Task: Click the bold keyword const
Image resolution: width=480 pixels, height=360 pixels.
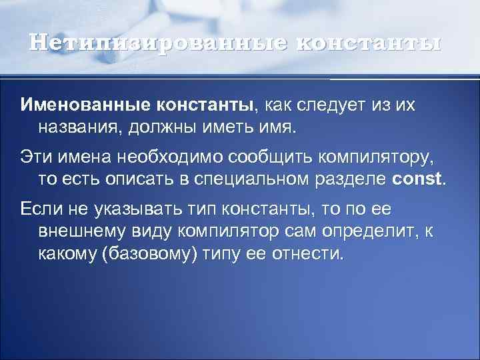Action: tap(417, 179)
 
